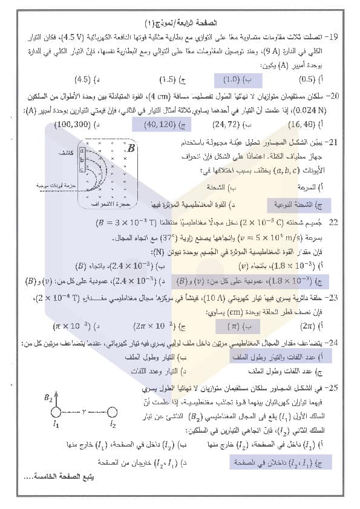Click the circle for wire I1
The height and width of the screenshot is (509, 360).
click(x=55, y=413)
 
